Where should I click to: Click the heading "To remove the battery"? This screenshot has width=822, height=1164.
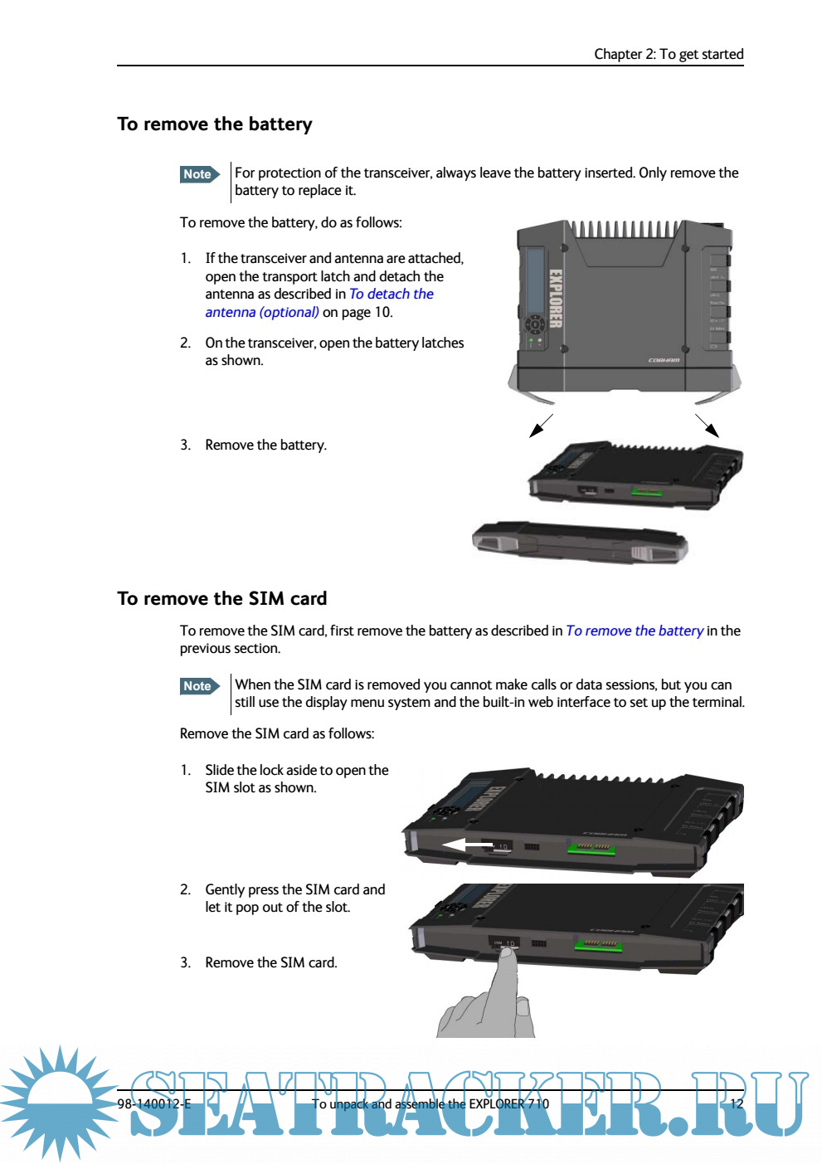pyautogui.click(x=215, y=124)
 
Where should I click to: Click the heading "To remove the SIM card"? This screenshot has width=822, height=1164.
pyautogui.click(x=222, y=599)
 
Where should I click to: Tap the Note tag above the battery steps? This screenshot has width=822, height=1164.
pyautogui.click(x=199, y=174)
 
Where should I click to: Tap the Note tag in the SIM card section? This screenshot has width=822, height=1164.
pyautogui.click(x=199, y=686)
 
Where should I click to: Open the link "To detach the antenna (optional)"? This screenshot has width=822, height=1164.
pyautogui.click(x=391, y=295)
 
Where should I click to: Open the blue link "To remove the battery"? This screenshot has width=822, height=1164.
pyautogui.click(x=635, y=631)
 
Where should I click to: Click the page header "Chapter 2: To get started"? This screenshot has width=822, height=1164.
pyautogui.click(x=669, y=54)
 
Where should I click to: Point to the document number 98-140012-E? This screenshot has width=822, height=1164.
pyautogui.click(x=154, y=1104)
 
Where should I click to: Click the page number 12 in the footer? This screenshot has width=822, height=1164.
pyautogui.click(x=737, y=1104)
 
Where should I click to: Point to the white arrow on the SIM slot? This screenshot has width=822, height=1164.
pyautogui.click(x=467, y=846)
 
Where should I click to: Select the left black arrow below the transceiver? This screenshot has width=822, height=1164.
pyautogui.click(x=540, y=426)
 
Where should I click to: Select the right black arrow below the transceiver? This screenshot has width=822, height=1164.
pyautogui.click(x=708, y=426)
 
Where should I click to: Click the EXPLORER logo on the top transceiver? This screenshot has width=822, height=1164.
pyautogui.click(x=556, y=299)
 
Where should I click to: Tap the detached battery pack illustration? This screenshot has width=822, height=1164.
pyautogui.click(x=581, y=543)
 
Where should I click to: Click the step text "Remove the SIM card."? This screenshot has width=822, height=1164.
pyautogui.click(x=271, y=963)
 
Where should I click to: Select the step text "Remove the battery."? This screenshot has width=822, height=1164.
pyautogui.click(x=265, y=446)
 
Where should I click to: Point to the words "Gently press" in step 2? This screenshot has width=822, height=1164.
pyautogui.click(x=241, y=890)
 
